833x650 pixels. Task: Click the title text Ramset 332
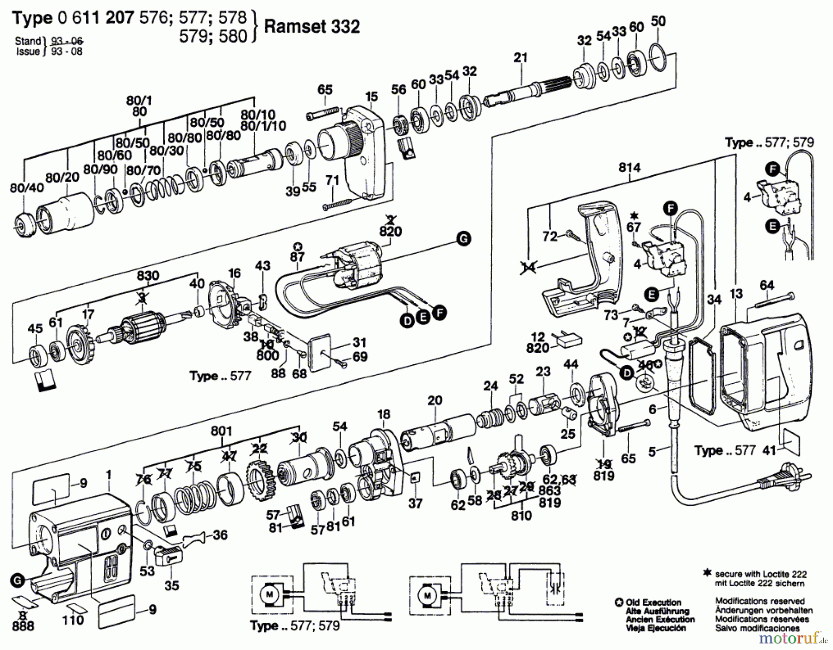tap(311, 27)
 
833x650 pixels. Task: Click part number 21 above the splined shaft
tap(521, 58)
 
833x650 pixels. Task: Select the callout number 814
tap(629, 168)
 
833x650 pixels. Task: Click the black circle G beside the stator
tap(463, 239)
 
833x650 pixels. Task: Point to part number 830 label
tap(148, 276)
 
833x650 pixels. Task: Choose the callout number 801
tap(221, 431)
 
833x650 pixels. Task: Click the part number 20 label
tap(435, 400)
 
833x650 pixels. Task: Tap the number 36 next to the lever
tap(220, 535)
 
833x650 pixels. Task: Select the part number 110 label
tap(73, 620)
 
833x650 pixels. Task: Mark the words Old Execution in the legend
tap(653, 602)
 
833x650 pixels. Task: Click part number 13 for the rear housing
tap(736, 294)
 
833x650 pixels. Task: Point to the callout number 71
tap(332, 181)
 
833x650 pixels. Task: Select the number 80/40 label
tap(27, 187)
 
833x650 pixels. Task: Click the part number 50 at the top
tap(658, 21)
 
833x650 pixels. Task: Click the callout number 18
tap(384, 414)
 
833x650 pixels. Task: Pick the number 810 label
tap(522, 515)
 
